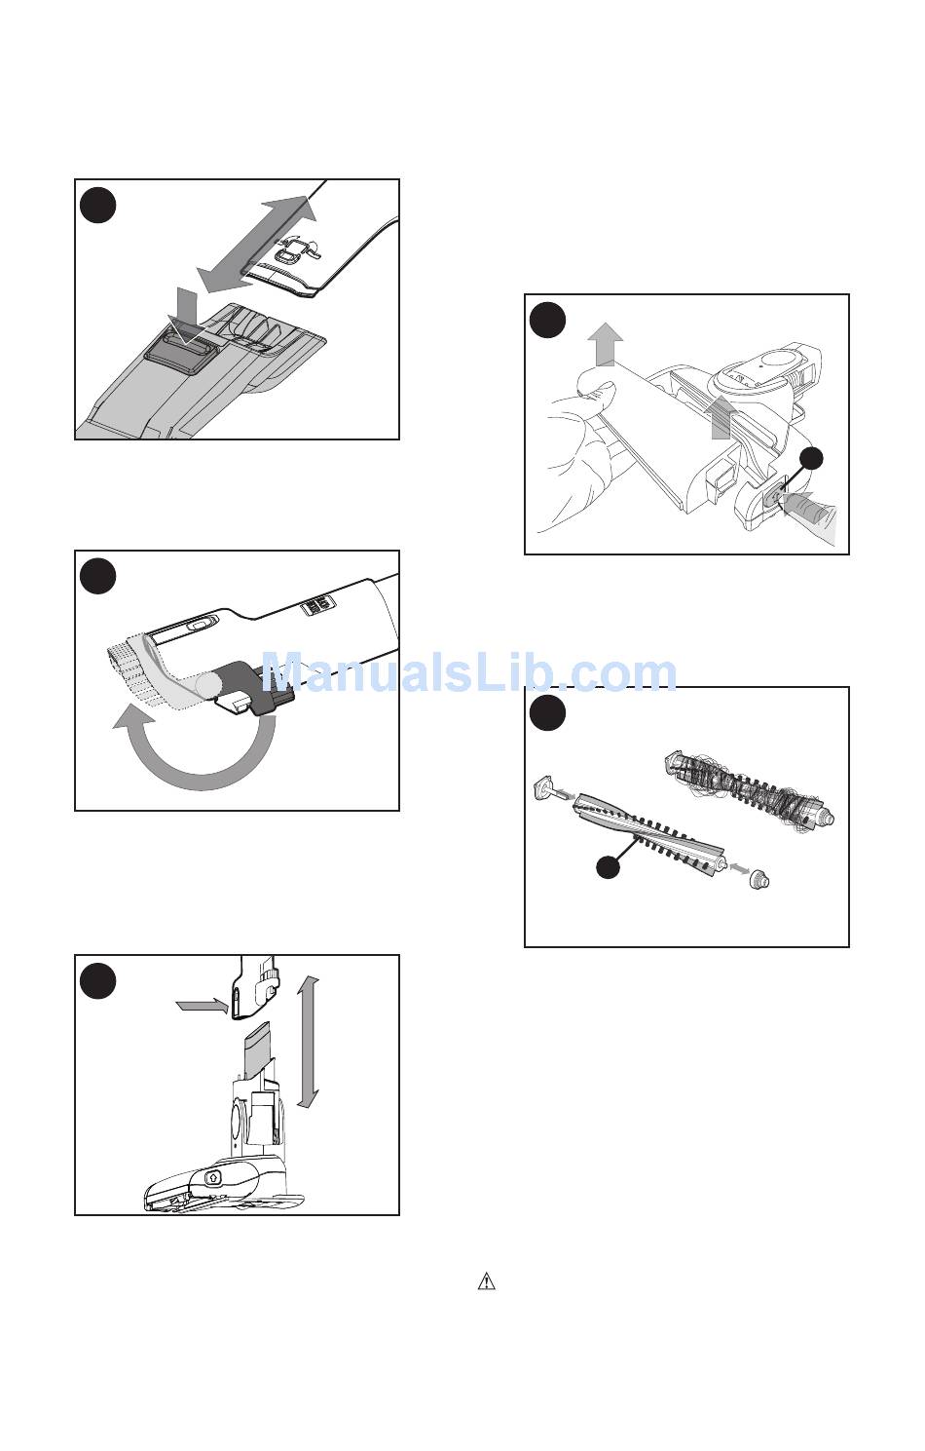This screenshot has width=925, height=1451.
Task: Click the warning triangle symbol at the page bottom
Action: (486, 1280)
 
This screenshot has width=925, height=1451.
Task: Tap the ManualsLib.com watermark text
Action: (468, 671)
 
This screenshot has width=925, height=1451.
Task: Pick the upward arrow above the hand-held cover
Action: (606, 343)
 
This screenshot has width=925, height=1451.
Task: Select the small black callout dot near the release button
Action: (811, 459)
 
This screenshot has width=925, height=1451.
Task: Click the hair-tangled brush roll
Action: (749, 788)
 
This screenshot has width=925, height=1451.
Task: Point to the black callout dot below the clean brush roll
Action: (608, 866)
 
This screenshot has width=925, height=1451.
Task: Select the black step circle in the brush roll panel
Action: (547, 712)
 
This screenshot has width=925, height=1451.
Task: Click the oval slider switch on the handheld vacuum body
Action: (199, 626)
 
